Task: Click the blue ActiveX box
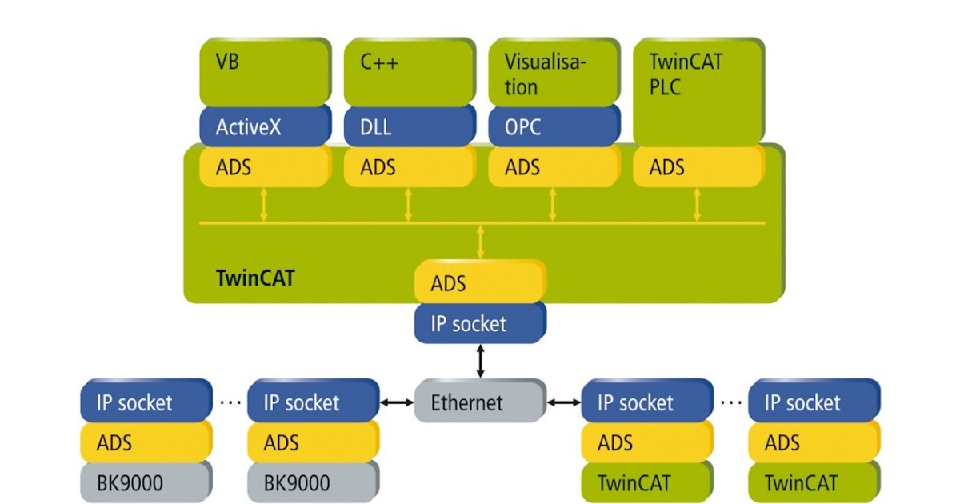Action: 264,126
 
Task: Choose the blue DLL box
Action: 409,126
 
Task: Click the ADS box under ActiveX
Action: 264,167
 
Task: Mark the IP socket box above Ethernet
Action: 479,323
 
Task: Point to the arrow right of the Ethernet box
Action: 562,402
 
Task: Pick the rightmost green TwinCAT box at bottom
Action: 814,483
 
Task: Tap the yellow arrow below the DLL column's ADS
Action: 409,205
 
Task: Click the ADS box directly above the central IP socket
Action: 479,283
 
